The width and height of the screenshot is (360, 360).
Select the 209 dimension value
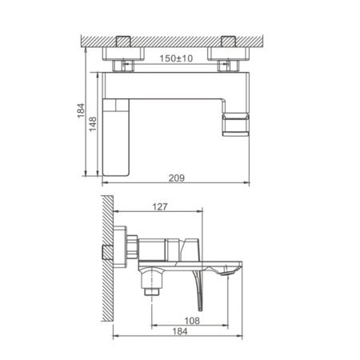coord(178,178)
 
